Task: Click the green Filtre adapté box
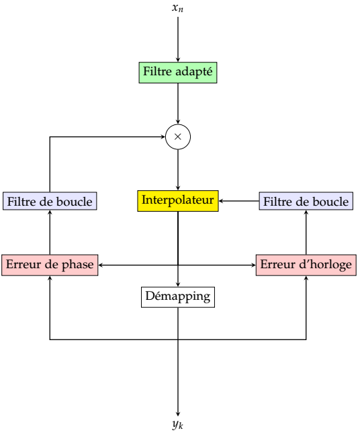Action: click(178, 73)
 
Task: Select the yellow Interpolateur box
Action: click(178, 201)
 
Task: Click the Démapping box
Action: click(178, 297)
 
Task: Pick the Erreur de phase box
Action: click(50, 265)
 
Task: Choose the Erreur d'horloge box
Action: click(306, 265)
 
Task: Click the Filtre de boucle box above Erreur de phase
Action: click(50, 201)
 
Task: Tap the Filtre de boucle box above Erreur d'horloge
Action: click(306, 201)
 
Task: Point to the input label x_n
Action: click(178, 7)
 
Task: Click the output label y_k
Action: click(178, 425)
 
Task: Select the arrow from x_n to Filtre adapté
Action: click(178, 39)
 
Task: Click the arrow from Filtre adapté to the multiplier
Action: click(178, 104)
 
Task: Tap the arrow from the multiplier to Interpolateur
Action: click(178, 169)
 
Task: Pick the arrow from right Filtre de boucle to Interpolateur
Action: click(239, 201)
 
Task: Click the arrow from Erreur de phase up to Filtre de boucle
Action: click(50, 232)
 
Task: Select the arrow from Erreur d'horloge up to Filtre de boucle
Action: click(306, 232)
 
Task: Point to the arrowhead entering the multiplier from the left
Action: click(163, 136)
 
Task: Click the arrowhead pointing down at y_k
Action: click(178, 414)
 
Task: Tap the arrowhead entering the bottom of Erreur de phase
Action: click(50, 278)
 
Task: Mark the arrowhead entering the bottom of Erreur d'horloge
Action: click(306, 278)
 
